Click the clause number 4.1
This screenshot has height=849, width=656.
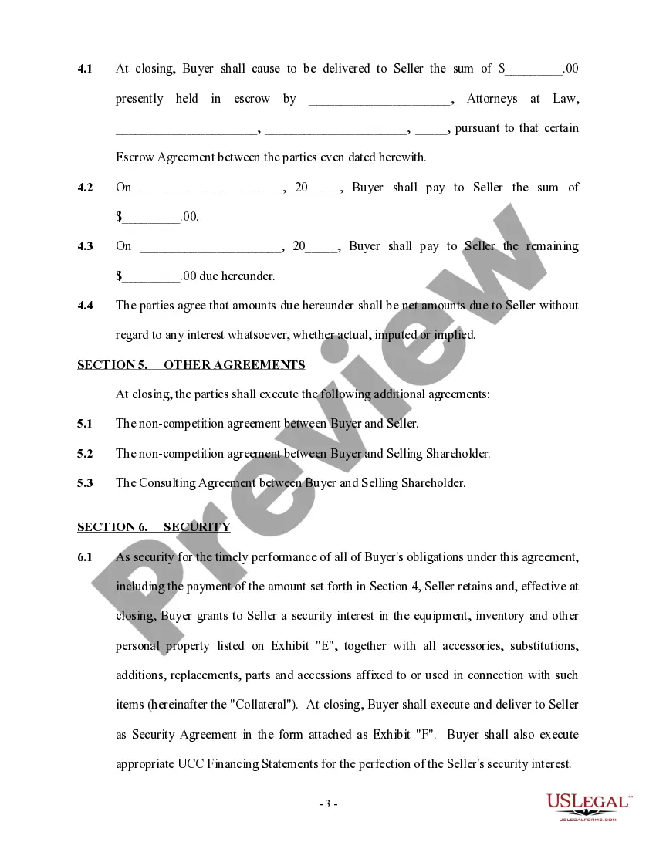click(x=85, y=69)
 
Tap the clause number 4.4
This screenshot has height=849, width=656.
click(x=85, y=305)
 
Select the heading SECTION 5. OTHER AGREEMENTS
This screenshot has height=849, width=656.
click(x=191, y=365)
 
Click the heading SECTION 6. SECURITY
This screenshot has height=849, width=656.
click(x=154, y=527)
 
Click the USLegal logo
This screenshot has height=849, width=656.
click(x=589, y=805)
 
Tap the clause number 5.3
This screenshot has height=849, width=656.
click(x=85, y=483)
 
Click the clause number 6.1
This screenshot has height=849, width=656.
click(x=85, y=557)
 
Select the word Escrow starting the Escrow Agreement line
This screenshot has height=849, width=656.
click(x=135, y=157)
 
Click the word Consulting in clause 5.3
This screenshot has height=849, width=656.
click(x=167, y=483)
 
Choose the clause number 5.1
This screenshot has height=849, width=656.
click(x=85, y=424)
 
